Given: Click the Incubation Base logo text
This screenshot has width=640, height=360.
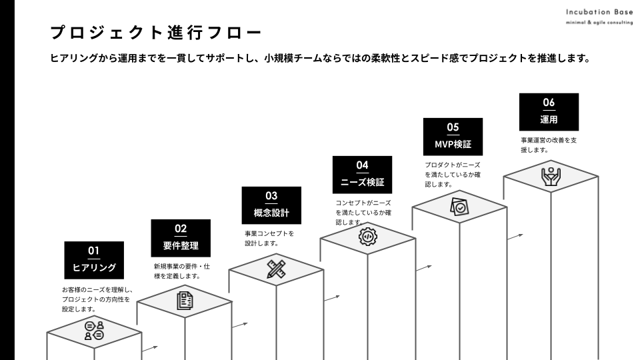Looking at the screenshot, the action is (x=599, y=12).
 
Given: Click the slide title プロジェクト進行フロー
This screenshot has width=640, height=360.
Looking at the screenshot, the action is (x=155, y=33).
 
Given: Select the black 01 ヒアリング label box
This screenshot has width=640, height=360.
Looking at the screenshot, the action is (x=94, y=260).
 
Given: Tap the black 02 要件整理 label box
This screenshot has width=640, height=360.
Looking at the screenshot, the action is (x=181, y=238).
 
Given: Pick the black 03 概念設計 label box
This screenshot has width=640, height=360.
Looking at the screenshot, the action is (x=271, y=205).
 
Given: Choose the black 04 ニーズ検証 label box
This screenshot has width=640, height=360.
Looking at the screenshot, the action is (x=363, y=175).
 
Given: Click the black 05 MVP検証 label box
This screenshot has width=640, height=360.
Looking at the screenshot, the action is (x=453, y=137).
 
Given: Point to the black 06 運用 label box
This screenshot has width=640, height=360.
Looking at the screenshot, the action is (x=549, y=112).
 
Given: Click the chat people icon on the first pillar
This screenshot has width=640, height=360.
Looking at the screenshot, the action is (x=94, y=331).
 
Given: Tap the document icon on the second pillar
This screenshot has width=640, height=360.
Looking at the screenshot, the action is (x=185, y=301).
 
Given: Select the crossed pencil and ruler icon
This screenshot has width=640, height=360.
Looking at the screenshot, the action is (x=276, y=269).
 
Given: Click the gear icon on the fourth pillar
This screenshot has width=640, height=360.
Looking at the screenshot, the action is (x=368, y=236).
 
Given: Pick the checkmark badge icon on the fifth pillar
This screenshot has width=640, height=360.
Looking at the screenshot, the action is (x=459, y=207).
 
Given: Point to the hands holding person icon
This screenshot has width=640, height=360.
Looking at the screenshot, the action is (x=551, y=176).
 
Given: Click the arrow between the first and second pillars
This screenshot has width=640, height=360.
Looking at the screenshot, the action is (x=150, y=349).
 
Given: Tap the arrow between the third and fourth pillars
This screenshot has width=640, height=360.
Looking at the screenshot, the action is (x=332, y=299).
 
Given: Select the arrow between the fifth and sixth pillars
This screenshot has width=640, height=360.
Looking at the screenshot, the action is (x=515, y=237).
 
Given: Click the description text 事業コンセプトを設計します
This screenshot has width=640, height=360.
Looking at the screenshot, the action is (x=269, y=239).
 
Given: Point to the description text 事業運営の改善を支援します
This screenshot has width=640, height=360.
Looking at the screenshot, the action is (x=549, y=145).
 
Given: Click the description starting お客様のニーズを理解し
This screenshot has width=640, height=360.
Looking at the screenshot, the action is (x=97, y=299).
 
